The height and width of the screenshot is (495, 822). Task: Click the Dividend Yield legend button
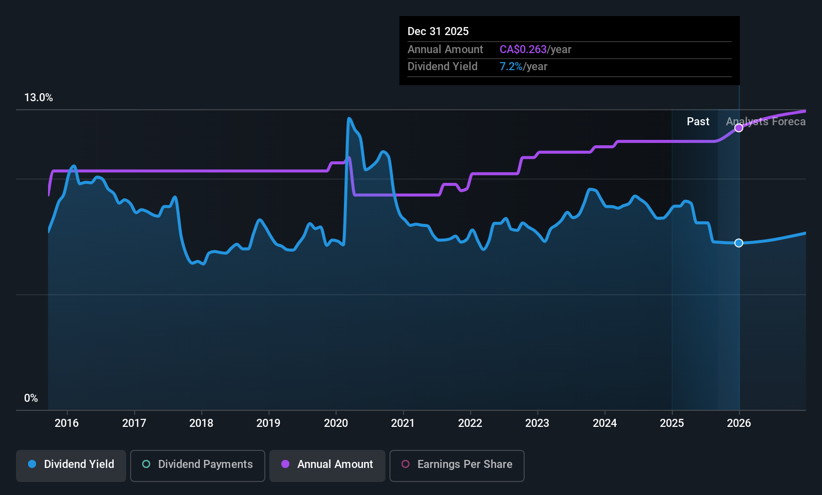tap(71, 464)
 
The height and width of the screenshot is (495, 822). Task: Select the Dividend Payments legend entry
tap(197, 464)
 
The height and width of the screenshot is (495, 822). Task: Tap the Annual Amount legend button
tap(327, 464)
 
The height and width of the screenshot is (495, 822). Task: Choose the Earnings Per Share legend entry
tap(457, 464)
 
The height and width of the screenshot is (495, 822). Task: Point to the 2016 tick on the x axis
tap(67, 423)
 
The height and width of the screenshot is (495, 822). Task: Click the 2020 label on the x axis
tap(336, 423)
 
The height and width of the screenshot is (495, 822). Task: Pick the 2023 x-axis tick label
tap(537, 423)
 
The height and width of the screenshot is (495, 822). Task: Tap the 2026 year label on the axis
tap(739, 423)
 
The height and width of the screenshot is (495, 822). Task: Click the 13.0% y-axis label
tap(39, 98)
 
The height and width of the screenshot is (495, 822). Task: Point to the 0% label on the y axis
tap(31, 398)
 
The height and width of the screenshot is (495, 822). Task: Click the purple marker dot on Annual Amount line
tap(739, 128)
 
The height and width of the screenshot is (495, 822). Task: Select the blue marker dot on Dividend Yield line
tap(739, 243)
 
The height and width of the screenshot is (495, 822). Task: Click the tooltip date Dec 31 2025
tap(438, 32)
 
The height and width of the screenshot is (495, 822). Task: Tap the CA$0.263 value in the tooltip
tap(523, 50)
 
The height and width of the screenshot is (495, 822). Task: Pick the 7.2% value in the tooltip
tap(511, 67)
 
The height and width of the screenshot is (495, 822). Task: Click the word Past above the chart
tap(698, 122)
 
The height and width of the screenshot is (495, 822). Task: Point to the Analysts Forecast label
tap(766, 122)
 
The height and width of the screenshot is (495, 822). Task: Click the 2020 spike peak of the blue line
tap(348, 119)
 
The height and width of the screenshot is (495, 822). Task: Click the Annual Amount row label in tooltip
tap(445, 50)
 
